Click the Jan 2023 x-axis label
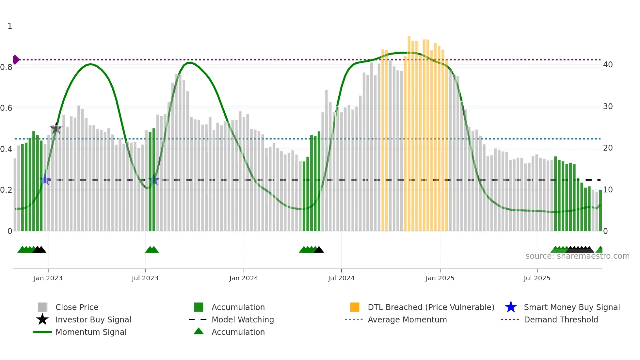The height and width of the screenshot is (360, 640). [48, 278]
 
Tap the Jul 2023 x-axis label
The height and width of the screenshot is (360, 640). [145, 278]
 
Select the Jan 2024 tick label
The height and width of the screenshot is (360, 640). [244, 278]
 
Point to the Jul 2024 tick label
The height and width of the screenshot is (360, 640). [341, 278]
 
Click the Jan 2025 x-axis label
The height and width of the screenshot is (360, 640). [440, 278]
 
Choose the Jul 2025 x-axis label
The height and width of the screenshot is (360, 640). [537, 278]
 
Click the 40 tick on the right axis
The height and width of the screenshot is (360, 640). [608, 65]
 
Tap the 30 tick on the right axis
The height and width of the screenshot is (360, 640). [608, 106]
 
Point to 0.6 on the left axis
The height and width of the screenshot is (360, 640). [6, 108]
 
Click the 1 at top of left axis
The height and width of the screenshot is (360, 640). [10, 26]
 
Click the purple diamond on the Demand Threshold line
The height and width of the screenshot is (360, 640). [16, 60]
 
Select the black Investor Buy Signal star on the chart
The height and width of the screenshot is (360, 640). [56, 129]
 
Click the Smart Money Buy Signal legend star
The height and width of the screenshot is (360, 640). [511, 307]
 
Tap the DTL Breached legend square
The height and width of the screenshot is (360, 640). [355, 307]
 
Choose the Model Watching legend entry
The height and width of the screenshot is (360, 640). [243, 319]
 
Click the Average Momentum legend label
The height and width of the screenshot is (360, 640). [407, 319]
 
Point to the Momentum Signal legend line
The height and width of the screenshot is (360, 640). [42, 332]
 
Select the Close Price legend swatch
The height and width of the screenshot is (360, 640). [42, 307]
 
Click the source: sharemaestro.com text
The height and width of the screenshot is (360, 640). [577, 256]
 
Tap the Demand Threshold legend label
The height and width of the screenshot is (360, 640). [561, 319]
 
